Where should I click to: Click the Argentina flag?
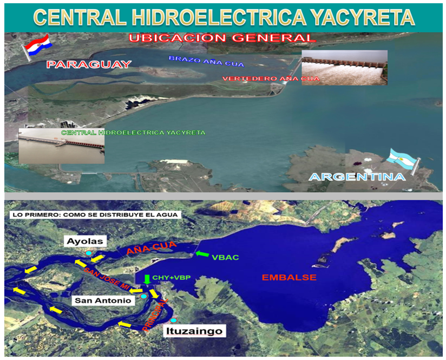(x=403, y=161)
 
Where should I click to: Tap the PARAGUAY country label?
(x=89, y=64)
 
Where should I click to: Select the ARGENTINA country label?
(x=357, y=176)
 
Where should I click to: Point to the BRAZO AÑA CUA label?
(x=207, y=61)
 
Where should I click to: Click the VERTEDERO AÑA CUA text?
(x=271, y=78)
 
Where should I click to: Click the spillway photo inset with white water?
(x=344, y=68)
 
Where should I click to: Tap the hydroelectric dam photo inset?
(x=62, y=146)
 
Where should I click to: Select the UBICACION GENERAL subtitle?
(x=222, y=38)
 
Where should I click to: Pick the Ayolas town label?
(x=85, y=241)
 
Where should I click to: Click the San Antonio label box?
(x=103, y=300)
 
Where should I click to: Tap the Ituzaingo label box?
(x=194, y=331)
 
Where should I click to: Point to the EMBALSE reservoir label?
(x=289, y=278)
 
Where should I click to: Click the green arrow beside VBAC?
(x=202, y=254)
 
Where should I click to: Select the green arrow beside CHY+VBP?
(x=147, y=279)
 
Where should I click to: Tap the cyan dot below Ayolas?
(x=89, y=253)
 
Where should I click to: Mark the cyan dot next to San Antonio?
(x=144, y=296)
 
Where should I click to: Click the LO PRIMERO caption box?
(x=95, y=214)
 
